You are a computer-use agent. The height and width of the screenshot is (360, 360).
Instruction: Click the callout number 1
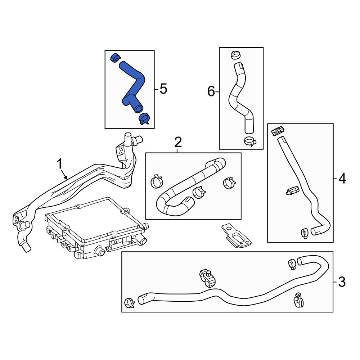(x=59, y=164)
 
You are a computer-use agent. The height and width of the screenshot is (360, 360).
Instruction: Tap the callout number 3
(x=342, y=282)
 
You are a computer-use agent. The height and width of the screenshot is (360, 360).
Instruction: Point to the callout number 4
(x=342, y=179)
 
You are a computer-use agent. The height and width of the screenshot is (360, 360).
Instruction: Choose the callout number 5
(x=163, y=89)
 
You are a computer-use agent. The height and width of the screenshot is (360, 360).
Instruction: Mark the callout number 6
(x=211, y=91)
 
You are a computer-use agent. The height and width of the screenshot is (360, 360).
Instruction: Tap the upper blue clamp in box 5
(x=115, y=57)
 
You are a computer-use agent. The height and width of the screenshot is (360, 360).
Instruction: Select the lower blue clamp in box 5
(x=144, y=119)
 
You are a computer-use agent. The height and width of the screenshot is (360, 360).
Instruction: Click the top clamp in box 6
(x=235, y=55)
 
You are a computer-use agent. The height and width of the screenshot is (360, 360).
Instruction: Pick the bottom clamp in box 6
(x=250, y=141)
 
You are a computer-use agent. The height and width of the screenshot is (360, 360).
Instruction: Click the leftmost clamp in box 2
(x=157, y=181)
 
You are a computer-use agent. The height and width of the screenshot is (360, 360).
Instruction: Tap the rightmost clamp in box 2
(x=229, y=183)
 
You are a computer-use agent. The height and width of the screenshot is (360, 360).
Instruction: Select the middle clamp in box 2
(x=199, y=192)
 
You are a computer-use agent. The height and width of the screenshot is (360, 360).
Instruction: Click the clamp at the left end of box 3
(x=129, y=303)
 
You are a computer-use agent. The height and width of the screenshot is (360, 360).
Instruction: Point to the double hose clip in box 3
(x=207, y=278)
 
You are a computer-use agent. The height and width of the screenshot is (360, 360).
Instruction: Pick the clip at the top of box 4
(x=278, y=131)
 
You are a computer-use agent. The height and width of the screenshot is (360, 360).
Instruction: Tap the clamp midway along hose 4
(x=292, y=190)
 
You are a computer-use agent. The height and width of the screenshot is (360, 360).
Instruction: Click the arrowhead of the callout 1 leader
(x=66, y=178)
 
